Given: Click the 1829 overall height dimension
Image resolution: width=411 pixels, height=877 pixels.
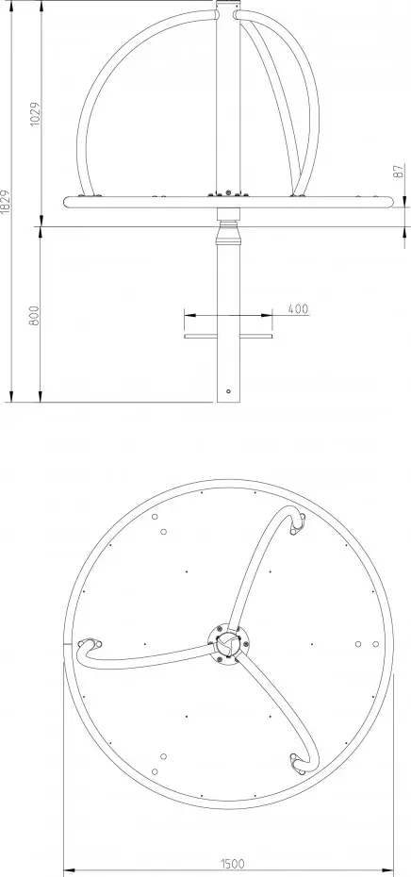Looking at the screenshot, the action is coord(6,202).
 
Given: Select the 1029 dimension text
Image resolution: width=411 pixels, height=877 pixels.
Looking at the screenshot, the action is coord(35,114).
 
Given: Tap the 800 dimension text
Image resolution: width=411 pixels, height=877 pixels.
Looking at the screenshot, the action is coord(35,316).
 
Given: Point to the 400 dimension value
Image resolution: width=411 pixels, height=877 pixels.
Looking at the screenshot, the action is coord(299,308).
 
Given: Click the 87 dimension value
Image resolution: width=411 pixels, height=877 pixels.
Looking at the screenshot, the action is coord(400,172).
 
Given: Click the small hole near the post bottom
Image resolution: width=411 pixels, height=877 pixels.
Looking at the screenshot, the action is coord(228,391).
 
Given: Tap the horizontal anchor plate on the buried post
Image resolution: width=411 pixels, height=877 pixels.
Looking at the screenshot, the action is coord(228,336).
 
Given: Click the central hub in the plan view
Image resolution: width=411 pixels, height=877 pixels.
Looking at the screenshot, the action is coord(228,643).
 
